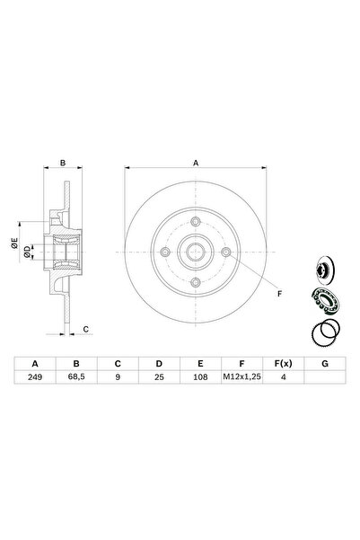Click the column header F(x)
pyautogui.click(x=283, y=363)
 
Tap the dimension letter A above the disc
pyautogui.click(x=196, y=163)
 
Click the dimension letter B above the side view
pyautogui.click(x=64, y=163)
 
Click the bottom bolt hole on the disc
pyautogui.click(x=196, y=284)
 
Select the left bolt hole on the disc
pyautogui.click(x=163, y=252)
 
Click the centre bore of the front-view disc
pyautogui.click(x=196, y=252)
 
